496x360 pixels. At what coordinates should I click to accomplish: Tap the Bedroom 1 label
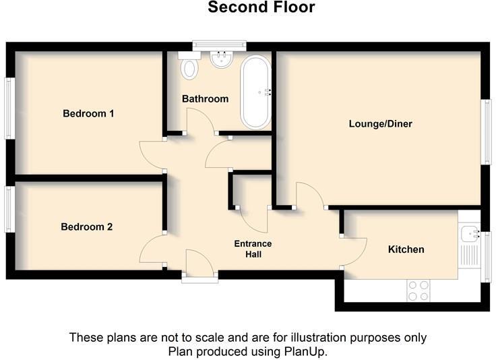(88, 113)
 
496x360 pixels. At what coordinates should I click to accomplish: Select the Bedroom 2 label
(86, 227)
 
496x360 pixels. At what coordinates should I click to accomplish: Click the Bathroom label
(206, 99)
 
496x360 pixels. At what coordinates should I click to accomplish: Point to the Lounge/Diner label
(380, 124)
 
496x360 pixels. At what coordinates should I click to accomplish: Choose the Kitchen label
(406, 249)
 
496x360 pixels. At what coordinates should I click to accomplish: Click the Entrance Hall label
(253, 249)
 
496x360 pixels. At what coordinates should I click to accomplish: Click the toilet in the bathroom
(189, 66)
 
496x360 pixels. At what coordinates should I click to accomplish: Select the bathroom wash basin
(220, 60)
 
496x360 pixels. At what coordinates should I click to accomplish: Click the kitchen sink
(470, 235)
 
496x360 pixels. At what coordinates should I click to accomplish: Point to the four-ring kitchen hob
(418, 291)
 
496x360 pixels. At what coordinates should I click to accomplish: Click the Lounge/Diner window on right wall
(485, 131)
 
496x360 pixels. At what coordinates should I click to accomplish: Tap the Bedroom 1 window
(9, 109)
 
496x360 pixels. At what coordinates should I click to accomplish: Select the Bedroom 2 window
(9, 209)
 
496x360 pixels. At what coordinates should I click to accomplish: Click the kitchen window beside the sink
(486, 256)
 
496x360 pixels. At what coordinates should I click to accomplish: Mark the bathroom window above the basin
(219, 45)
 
